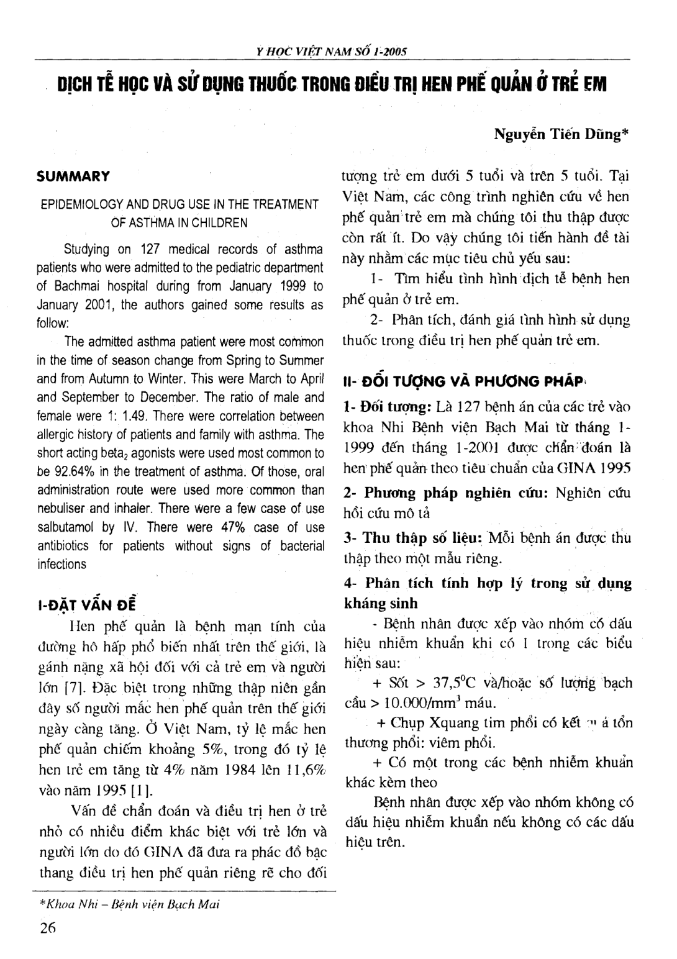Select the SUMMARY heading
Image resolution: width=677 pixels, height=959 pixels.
coord(73,176)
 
